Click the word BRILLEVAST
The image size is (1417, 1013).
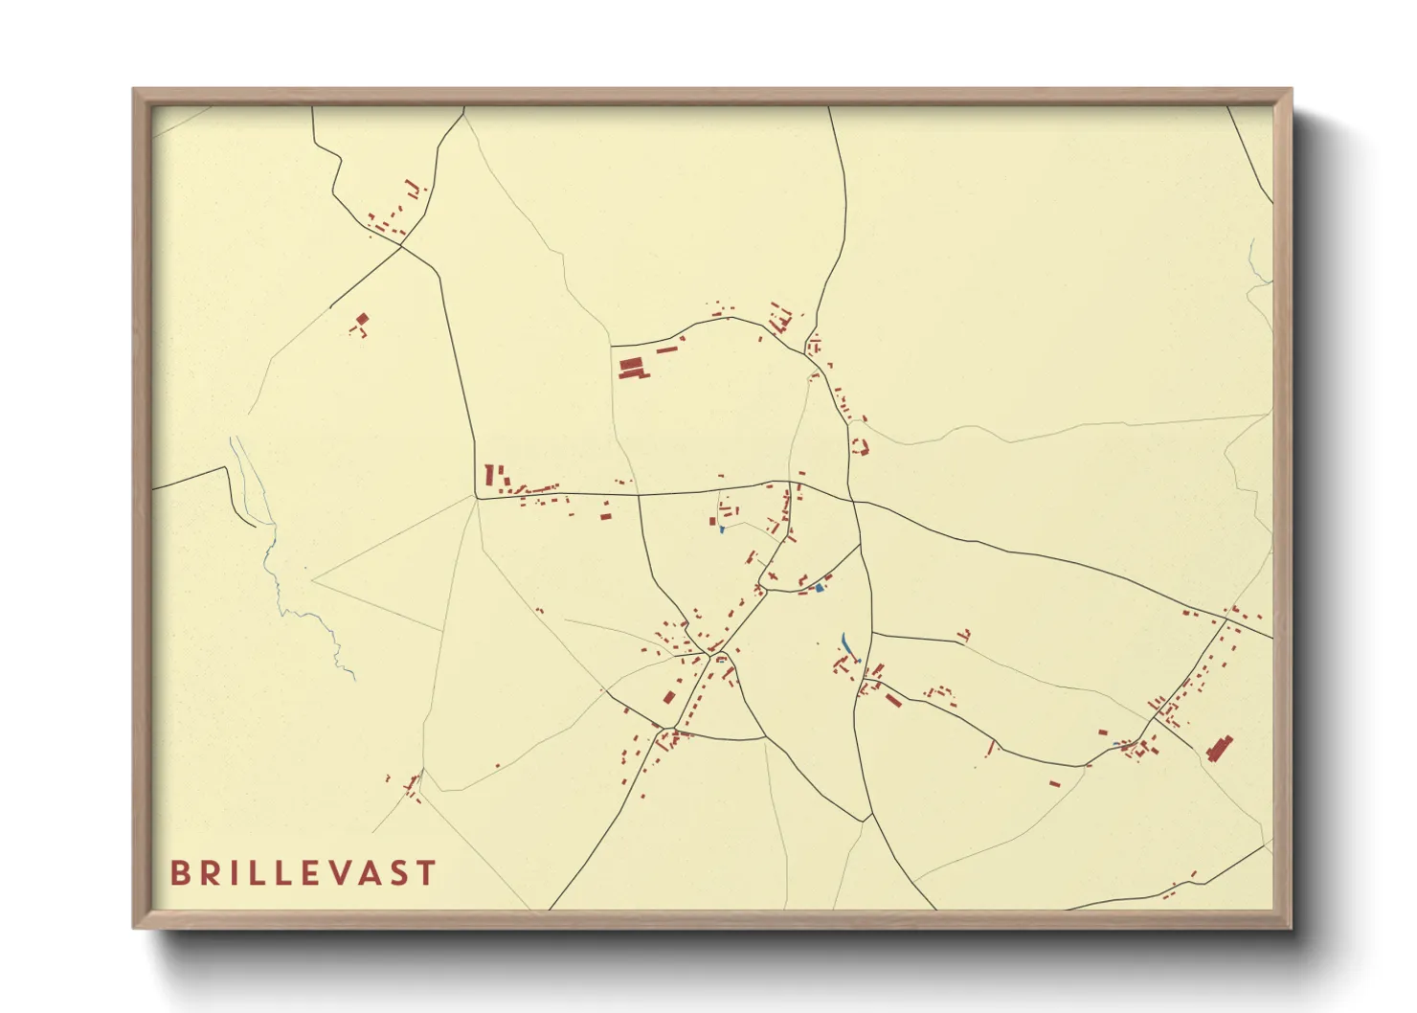[303, 873]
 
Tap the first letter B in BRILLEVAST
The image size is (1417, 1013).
[179, 873]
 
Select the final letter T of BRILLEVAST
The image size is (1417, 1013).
[427, 873]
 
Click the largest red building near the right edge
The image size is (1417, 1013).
[1219, 748]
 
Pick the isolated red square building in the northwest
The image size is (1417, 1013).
[362, 320]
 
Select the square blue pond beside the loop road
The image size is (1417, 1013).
[819, 587]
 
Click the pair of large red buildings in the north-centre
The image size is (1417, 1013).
[631, 368]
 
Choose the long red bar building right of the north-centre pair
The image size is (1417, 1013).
[666, 350]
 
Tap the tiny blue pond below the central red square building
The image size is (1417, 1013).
[721, 529]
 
